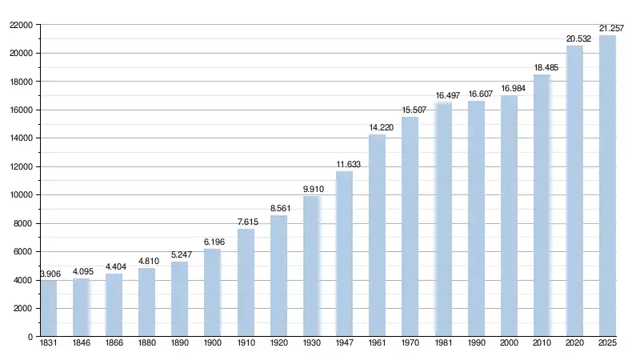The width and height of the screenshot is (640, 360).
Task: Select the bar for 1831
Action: (49, 309)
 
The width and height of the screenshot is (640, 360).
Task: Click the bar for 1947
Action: (344, 254)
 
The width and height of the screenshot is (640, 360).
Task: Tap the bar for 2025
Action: (607, 186)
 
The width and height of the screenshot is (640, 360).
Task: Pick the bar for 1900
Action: (213, 293)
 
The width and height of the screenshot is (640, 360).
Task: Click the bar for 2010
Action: (542, 206)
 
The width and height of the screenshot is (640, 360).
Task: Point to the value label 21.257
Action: (611, 28)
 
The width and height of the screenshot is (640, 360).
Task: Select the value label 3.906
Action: (50, 274)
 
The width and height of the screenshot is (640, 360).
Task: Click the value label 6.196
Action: (213, 242)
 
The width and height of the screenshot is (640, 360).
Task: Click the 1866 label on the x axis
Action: (114, 344)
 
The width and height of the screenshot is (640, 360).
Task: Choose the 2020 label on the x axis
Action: (574, 344)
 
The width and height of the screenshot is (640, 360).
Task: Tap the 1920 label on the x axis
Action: (278, 344)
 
